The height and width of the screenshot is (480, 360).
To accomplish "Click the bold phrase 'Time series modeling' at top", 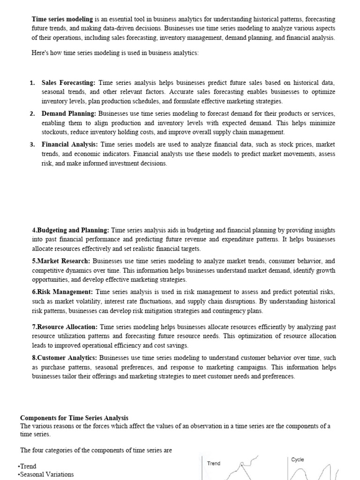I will pyautogui.click(x=62, y=19).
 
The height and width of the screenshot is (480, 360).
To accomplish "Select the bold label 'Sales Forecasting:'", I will pyautogui.click(x=68, y=82).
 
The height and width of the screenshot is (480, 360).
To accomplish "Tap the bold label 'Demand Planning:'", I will pyautogui.click(x=69, y=114).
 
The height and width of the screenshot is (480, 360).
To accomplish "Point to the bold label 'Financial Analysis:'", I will pyautogui.click(x=70, y=145).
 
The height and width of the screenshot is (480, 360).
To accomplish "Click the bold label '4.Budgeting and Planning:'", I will pyautogui.click(x=70, y=230).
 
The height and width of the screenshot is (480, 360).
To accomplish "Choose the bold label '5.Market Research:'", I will pyautogui.click(x=61, y=261).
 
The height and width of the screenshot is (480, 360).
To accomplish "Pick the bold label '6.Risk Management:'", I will pyautogui.click(x=62, y=292).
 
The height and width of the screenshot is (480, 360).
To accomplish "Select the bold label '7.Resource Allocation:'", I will pyautogui.click(x=65, y=327).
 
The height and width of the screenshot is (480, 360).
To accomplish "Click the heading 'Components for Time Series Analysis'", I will pyautogui.click(x=74, y=418).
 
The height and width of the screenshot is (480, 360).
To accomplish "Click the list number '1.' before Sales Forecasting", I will pyautogui.click(x=32, y=83).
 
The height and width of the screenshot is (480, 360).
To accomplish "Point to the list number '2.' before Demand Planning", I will pyautogui.click(x=32, y=114).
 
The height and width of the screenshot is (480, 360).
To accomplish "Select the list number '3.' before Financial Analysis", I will pyautogui.click(x=32, y=145).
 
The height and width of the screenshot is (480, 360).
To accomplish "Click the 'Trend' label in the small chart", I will pyautogui.click(x=214, y=463).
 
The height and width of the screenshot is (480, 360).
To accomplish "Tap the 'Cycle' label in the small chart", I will pyautogui.click(x=298, y=460).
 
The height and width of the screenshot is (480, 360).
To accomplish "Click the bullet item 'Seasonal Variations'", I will pyautogui.click(x=46, y=474).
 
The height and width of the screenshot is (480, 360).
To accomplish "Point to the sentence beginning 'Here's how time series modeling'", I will pyautogui.click(x=115, y=53).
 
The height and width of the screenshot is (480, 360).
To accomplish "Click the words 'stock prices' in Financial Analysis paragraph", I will pyautogui.click(x=287, y=145).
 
